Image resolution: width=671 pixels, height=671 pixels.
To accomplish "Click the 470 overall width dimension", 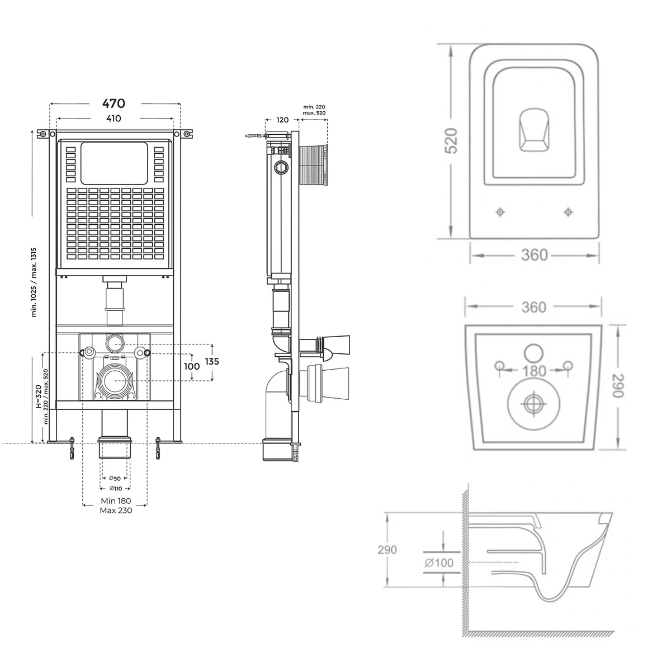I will point(114,103).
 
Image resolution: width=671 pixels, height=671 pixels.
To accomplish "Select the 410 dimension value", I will point(114,119).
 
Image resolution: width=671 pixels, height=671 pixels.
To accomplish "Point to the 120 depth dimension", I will point(282,120).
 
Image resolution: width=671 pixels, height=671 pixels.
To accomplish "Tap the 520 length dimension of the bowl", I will point(451,141).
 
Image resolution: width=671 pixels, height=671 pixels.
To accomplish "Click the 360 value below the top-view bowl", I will point(534,255).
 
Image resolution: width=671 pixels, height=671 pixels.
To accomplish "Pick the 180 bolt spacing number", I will point(534,371).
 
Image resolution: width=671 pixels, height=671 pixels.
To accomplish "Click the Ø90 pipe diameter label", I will point(115,478).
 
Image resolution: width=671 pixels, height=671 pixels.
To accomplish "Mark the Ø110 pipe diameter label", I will point(115,489).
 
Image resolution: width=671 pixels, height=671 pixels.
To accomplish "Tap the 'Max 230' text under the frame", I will point(116,510).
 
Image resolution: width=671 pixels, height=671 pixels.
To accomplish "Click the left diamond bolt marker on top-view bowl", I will point(500,212).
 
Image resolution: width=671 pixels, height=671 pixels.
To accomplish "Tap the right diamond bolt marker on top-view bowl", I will point(568,212).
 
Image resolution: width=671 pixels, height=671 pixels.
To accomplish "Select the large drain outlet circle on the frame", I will point(115,380).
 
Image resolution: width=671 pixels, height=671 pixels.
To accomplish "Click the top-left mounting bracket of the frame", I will point(43,134).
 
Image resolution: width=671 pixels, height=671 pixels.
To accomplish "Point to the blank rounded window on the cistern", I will point(114,163).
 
